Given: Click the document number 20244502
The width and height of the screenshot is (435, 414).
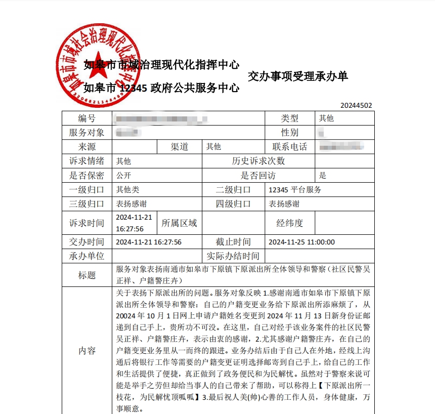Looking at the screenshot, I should pos(356,106).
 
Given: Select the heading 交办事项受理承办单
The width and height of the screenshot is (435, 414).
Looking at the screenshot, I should pos(298,76).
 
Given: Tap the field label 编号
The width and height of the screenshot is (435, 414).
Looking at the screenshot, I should pos(86,118).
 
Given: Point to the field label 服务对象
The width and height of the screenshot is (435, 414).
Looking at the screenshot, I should pos(86,133).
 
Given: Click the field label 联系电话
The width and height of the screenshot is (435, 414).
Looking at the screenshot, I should pos(290,147).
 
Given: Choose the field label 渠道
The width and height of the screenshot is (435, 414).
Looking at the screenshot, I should pos(180,147).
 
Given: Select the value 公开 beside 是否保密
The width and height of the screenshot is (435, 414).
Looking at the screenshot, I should pos(124,176).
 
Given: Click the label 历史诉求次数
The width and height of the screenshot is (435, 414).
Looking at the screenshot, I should pos(258,161).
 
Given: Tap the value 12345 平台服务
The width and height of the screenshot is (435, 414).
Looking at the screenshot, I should pos(295,190).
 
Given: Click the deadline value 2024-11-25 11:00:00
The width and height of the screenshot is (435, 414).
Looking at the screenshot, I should pos(301,242).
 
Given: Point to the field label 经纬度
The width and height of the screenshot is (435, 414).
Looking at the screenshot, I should pos(290,223).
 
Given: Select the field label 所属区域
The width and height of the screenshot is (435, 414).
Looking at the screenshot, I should pos(179,223).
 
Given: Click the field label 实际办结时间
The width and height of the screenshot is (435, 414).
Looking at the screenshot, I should pos(233,256).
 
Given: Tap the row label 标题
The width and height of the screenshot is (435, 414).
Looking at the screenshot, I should pos(86,275).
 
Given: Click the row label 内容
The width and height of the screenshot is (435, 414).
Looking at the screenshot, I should pos(86,351).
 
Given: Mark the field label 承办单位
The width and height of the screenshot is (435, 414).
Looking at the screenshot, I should pos(86,256).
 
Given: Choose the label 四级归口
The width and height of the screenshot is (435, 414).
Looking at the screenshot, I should pos(233,204).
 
